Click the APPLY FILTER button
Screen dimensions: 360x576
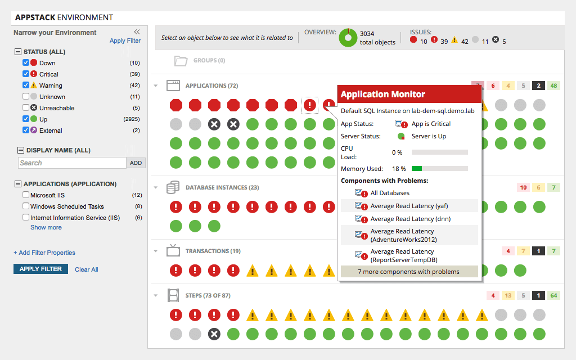(40, 269)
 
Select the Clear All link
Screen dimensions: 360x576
(86, 269)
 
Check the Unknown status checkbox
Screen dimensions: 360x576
(26, 97)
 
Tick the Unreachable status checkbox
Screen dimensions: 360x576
(26, 108)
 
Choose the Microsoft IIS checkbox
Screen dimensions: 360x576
(26, 195)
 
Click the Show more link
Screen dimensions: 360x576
(46, 227)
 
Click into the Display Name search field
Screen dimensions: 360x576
(72, 163)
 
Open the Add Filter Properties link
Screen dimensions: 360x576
(44, 253)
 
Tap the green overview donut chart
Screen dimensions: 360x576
(348, 38)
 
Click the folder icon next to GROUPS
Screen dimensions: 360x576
(181, 61)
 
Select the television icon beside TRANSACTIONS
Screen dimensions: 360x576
(173, 251)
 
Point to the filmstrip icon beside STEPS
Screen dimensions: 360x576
(173, 295)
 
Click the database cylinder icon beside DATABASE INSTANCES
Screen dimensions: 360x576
(173, 188)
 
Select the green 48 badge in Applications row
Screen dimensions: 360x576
(554, 86)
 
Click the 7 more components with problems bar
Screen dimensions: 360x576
(409, 272)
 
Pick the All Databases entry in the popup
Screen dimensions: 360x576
(390, 193)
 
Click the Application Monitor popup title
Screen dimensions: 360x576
(383, 94)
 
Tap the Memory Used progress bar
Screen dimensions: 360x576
(439, 169)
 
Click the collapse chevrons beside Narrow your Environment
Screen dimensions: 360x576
(137, 32)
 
